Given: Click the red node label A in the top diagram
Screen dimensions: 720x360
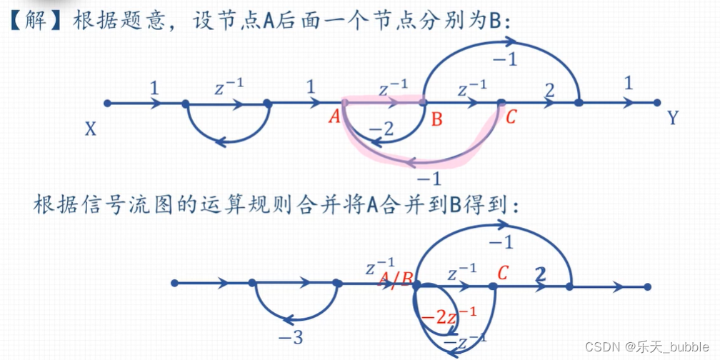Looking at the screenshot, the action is [334, 117].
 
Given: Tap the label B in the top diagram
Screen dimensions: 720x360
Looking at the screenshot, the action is [436, 119].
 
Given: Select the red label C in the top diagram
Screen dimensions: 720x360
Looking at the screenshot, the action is [511, 117].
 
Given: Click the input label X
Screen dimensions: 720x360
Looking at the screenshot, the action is [91, 129].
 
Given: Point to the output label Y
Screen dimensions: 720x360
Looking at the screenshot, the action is [672, 119].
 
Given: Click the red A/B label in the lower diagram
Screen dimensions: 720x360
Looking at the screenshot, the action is [396, 278].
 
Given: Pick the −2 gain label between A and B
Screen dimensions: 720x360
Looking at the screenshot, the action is [381, 130].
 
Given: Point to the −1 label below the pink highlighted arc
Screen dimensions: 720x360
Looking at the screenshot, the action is [428, 176].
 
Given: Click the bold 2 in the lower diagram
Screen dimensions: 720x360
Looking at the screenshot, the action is [540, 274].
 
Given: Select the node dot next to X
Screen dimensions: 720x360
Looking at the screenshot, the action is [107, 104].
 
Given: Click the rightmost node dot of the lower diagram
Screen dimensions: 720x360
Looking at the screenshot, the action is [647, 287].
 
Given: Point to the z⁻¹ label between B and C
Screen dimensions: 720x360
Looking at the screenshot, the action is [471, 89].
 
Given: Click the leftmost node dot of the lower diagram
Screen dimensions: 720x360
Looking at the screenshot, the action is [174, 284].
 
